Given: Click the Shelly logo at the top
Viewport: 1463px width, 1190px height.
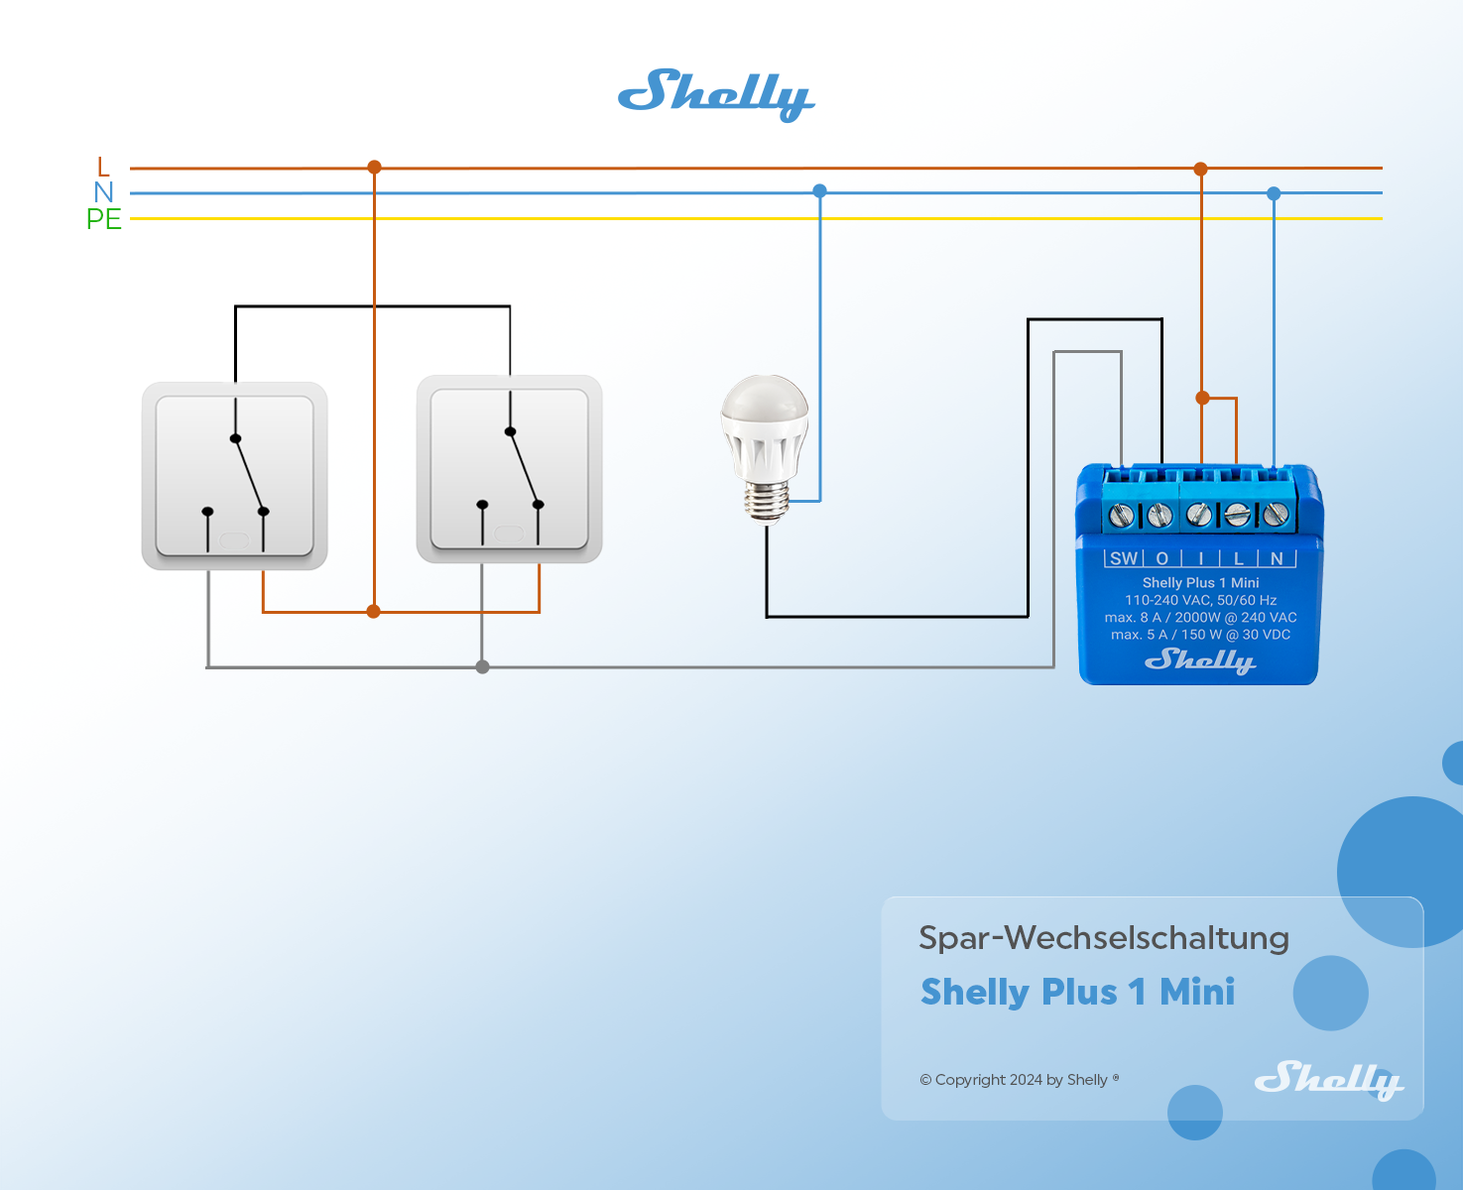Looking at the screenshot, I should click(x=715, y=95).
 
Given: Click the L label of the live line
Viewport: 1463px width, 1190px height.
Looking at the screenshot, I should click(x=103, y=167).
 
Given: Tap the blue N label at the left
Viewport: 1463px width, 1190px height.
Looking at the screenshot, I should click(x=103, y=192).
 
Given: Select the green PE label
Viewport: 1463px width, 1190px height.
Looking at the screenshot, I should click(x=103, y=219).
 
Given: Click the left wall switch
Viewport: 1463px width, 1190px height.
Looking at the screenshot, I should click(x=234, y=476).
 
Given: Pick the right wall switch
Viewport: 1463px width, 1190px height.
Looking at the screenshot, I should click(x=509, y=469).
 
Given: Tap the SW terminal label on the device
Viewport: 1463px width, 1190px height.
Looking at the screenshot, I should click(x=1124, y=558).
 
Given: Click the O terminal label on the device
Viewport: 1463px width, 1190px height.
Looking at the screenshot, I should click(x=1162, y=558).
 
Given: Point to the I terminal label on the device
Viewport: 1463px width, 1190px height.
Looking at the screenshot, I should click(x=1201, y=558).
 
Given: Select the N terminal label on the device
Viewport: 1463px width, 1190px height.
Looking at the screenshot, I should click(x=1278, y=558).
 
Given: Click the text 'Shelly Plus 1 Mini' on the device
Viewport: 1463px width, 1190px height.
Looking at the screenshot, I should click(x=1200, y=583).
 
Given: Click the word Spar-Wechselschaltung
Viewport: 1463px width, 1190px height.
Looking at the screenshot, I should click(x=1103, y=938).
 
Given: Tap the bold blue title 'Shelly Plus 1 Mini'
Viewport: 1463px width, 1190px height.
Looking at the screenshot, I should click(x=1077, y=992).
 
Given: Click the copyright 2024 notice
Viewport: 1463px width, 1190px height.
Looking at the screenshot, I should click(x=1019, y=1080).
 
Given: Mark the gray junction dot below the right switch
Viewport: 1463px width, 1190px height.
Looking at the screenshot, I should click(x=482, y=667).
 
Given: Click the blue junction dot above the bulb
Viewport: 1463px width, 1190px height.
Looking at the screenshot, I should click(x=819, y=191).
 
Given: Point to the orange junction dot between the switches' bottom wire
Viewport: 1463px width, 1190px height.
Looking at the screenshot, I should click(x=373, y=612).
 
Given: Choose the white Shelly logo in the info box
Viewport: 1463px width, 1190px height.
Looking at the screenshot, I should click(x=1328, y=1080).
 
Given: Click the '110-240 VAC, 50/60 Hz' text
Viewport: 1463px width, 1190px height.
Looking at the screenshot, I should click(x=1200, y=600).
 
